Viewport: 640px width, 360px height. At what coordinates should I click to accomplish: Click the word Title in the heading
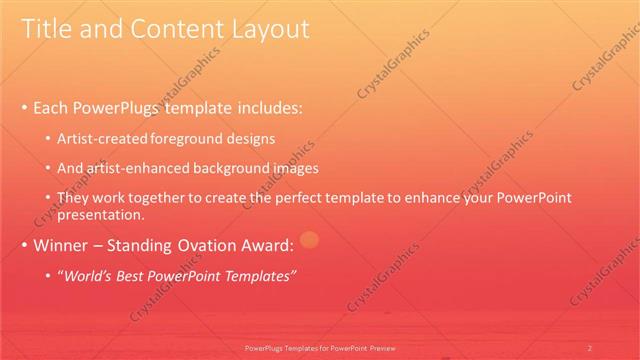[x=46, y=30]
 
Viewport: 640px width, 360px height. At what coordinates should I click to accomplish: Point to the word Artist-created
[x=104, y=138]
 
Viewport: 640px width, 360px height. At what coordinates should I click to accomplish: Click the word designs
[x=252, y=138]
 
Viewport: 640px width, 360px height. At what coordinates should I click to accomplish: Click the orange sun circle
[x=309, y=239]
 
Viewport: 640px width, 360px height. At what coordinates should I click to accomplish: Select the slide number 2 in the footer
[x=589, y=348]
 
